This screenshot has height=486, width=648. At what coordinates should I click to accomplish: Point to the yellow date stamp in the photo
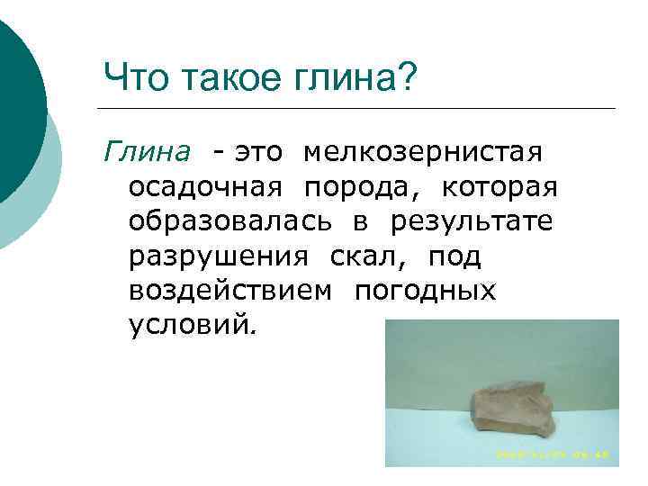pos(552,454)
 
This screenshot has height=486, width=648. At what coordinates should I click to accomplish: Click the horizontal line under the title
pos(360,109)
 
